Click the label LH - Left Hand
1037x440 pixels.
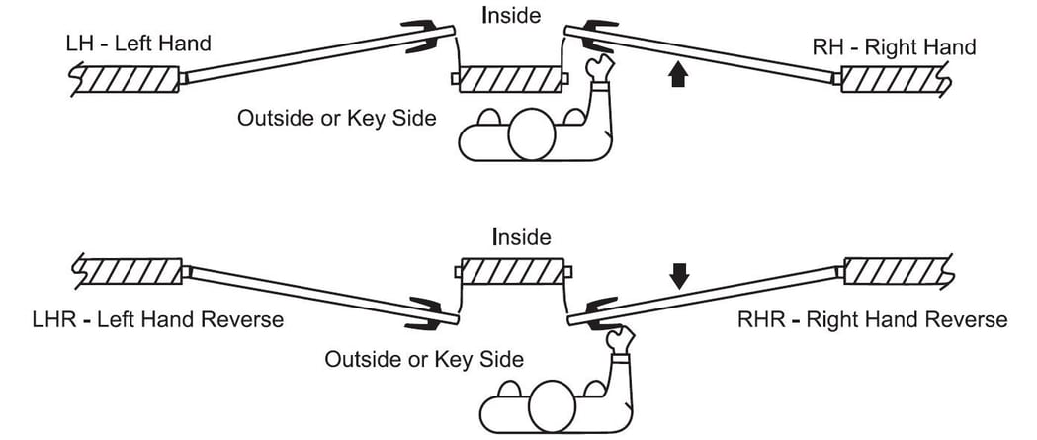point(136,44)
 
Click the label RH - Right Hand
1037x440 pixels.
point(895,46)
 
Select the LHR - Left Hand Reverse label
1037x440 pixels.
point(157,319)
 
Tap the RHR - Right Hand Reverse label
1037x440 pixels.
point(872,319)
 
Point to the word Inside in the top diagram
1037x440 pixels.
point(510,16)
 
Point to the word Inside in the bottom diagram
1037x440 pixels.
point(520,237)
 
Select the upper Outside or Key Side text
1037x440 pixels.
point(337,118)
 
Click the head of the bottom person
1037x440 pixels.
point(555,404)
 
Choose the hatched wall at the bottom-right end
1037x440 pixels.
point(895,269)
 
